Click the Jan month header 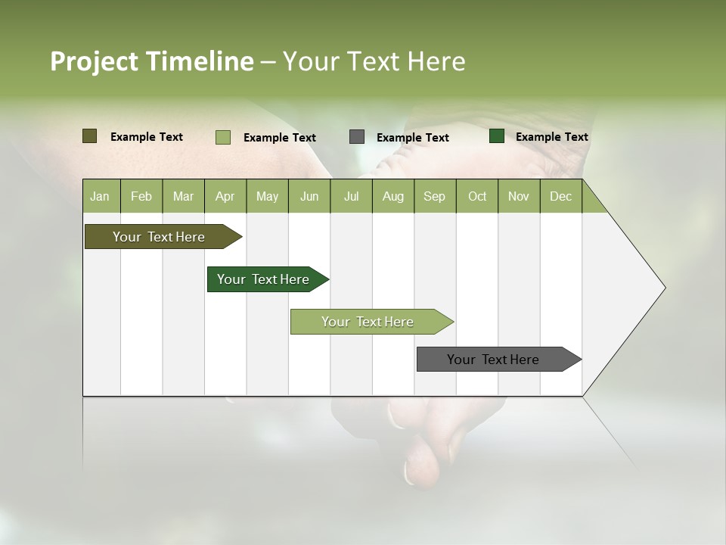(x=100, y=196)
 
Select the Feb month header (x=141, y=196)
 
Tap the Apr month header (x=225, y=196)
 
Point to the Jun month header (x=309, y=196)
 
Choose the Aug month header (x=392, y=196)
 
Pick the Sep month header (x=434, y=196)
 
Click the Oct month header (x=477, y=196)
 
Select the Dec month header (x=560, y=196)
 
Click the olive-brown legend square (x=89, y=136)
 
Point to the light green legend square (x=222, y=137)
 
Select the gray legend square (x=357, y=136)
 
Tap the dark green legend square (x=497, y=136)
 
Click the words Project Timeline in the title (x=152, y=61)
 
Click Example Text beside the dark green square (x=551, y=137)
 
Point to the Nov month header (x=519, y=196)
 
